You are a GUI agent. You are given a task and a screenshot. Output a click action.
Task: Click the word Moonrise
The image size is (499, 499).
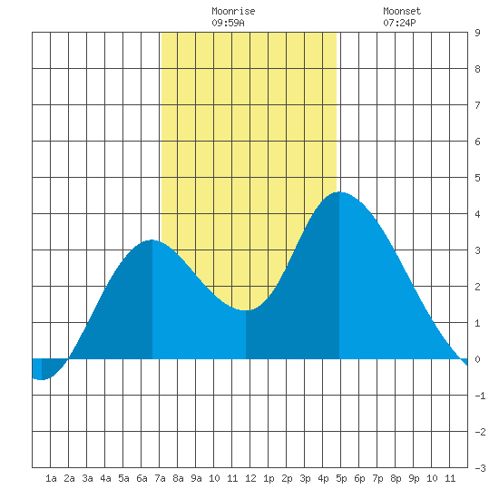point(233,11)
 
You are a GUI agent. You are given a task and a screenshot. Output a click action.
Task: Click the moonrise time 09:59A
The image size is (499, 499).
point(228,23)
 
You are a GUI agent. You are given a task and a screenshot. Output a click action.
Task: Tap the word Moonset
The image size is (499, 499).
point(402,11)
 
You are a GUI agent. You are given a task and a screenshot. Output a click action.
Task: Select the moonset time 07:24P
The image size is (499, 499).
point(399,23)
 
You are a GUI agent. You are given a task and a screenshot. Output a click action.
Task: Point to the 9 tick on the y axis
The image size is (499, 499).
point(477,33)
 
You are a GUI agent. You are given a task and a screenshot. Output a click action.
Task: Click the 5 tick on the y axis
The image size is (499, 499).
point(477,178)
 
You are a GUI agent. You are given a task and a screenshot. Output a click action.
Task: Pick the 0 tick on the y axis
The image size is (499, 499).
point(477,359)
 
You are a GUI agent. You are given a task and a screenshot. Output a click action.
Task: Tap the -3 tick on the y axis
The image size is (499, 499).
point(480,468)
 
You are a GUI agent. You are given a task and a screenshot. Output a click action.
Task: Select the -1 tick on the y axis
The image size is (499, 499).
point(480,396)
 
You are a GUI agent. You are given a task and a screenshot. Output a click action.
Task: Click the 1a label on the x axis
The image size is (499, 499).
point(51,478)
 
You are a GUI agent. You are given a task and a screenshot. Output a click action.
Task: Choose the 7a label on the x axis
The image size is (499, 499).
point(160,478)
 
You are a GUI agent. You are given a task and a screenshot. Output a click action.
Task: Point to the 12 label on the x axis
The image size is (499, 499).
point(250,478)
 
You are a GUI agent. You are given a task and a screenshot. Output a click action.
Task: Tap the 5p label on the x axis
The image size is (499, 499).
point(341,478)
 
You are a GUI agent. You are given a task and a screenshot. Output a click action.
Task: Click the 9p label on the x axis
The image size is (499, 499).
point(414,478)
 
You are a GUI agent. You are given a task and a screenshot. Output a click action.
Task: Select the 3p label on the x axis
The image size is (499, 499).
point(305,478)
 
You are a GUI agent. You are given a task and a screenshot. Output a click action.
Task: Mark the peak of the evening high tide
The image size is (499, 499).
point(339,192)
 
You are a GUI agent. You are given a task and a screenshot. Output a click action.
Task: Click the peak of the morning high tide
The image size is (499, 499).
point(152,240)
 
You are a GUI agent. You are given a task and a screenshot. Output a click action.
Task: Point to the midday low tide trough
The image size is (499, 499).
point(246,310)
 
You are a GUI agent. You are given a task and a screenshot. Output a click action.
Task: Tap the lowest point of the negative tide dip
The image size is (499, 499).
point(42,379)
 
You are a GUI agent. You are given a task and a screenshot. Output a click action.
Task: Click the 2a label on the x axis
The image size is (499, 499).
point(69,478)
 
